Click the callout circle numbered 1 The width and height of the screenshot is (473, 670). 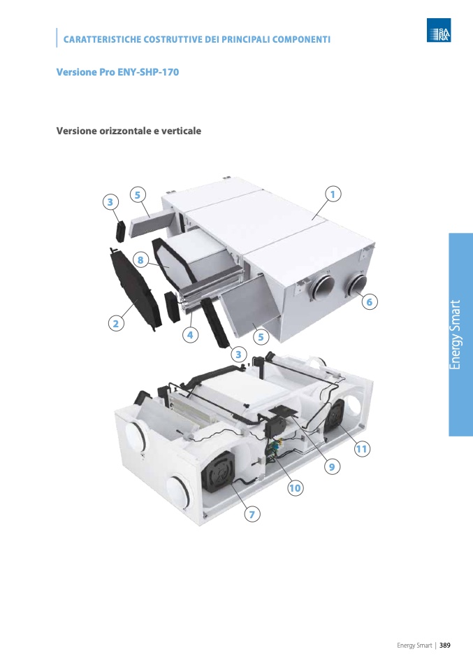coord(333,194)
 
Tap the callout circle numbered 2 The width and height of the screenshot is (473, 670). coord(116,324)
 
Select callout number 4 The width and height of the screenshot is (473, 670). coord(190,335)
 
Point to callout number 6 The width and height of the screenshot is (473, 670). coord(370,301)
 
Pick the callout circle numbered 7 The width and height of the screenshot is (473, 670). coord(252,514)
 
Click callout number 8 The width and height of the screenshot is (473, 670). coord(140,259)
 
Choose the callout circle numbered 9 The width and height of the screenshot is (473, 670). coord(332,466)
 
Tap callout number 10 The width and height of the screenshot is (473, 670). coord(295,488)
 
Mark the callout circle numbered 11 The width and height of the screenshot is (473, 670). coord(362,449)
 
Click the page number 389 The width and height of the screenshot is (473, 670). coord(445,646)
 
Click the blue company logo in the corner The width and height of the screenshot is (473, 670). coord(439,30)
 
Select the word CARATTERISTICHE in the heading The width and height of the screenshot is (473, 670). coord(102,39)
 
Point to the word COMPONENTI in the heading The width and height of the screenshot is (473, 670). coord(301,39)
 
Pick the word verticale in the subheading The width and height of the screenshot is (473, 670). coord(181,131)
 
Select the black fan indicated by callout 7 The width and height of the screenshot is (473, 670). coord(219,472)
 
